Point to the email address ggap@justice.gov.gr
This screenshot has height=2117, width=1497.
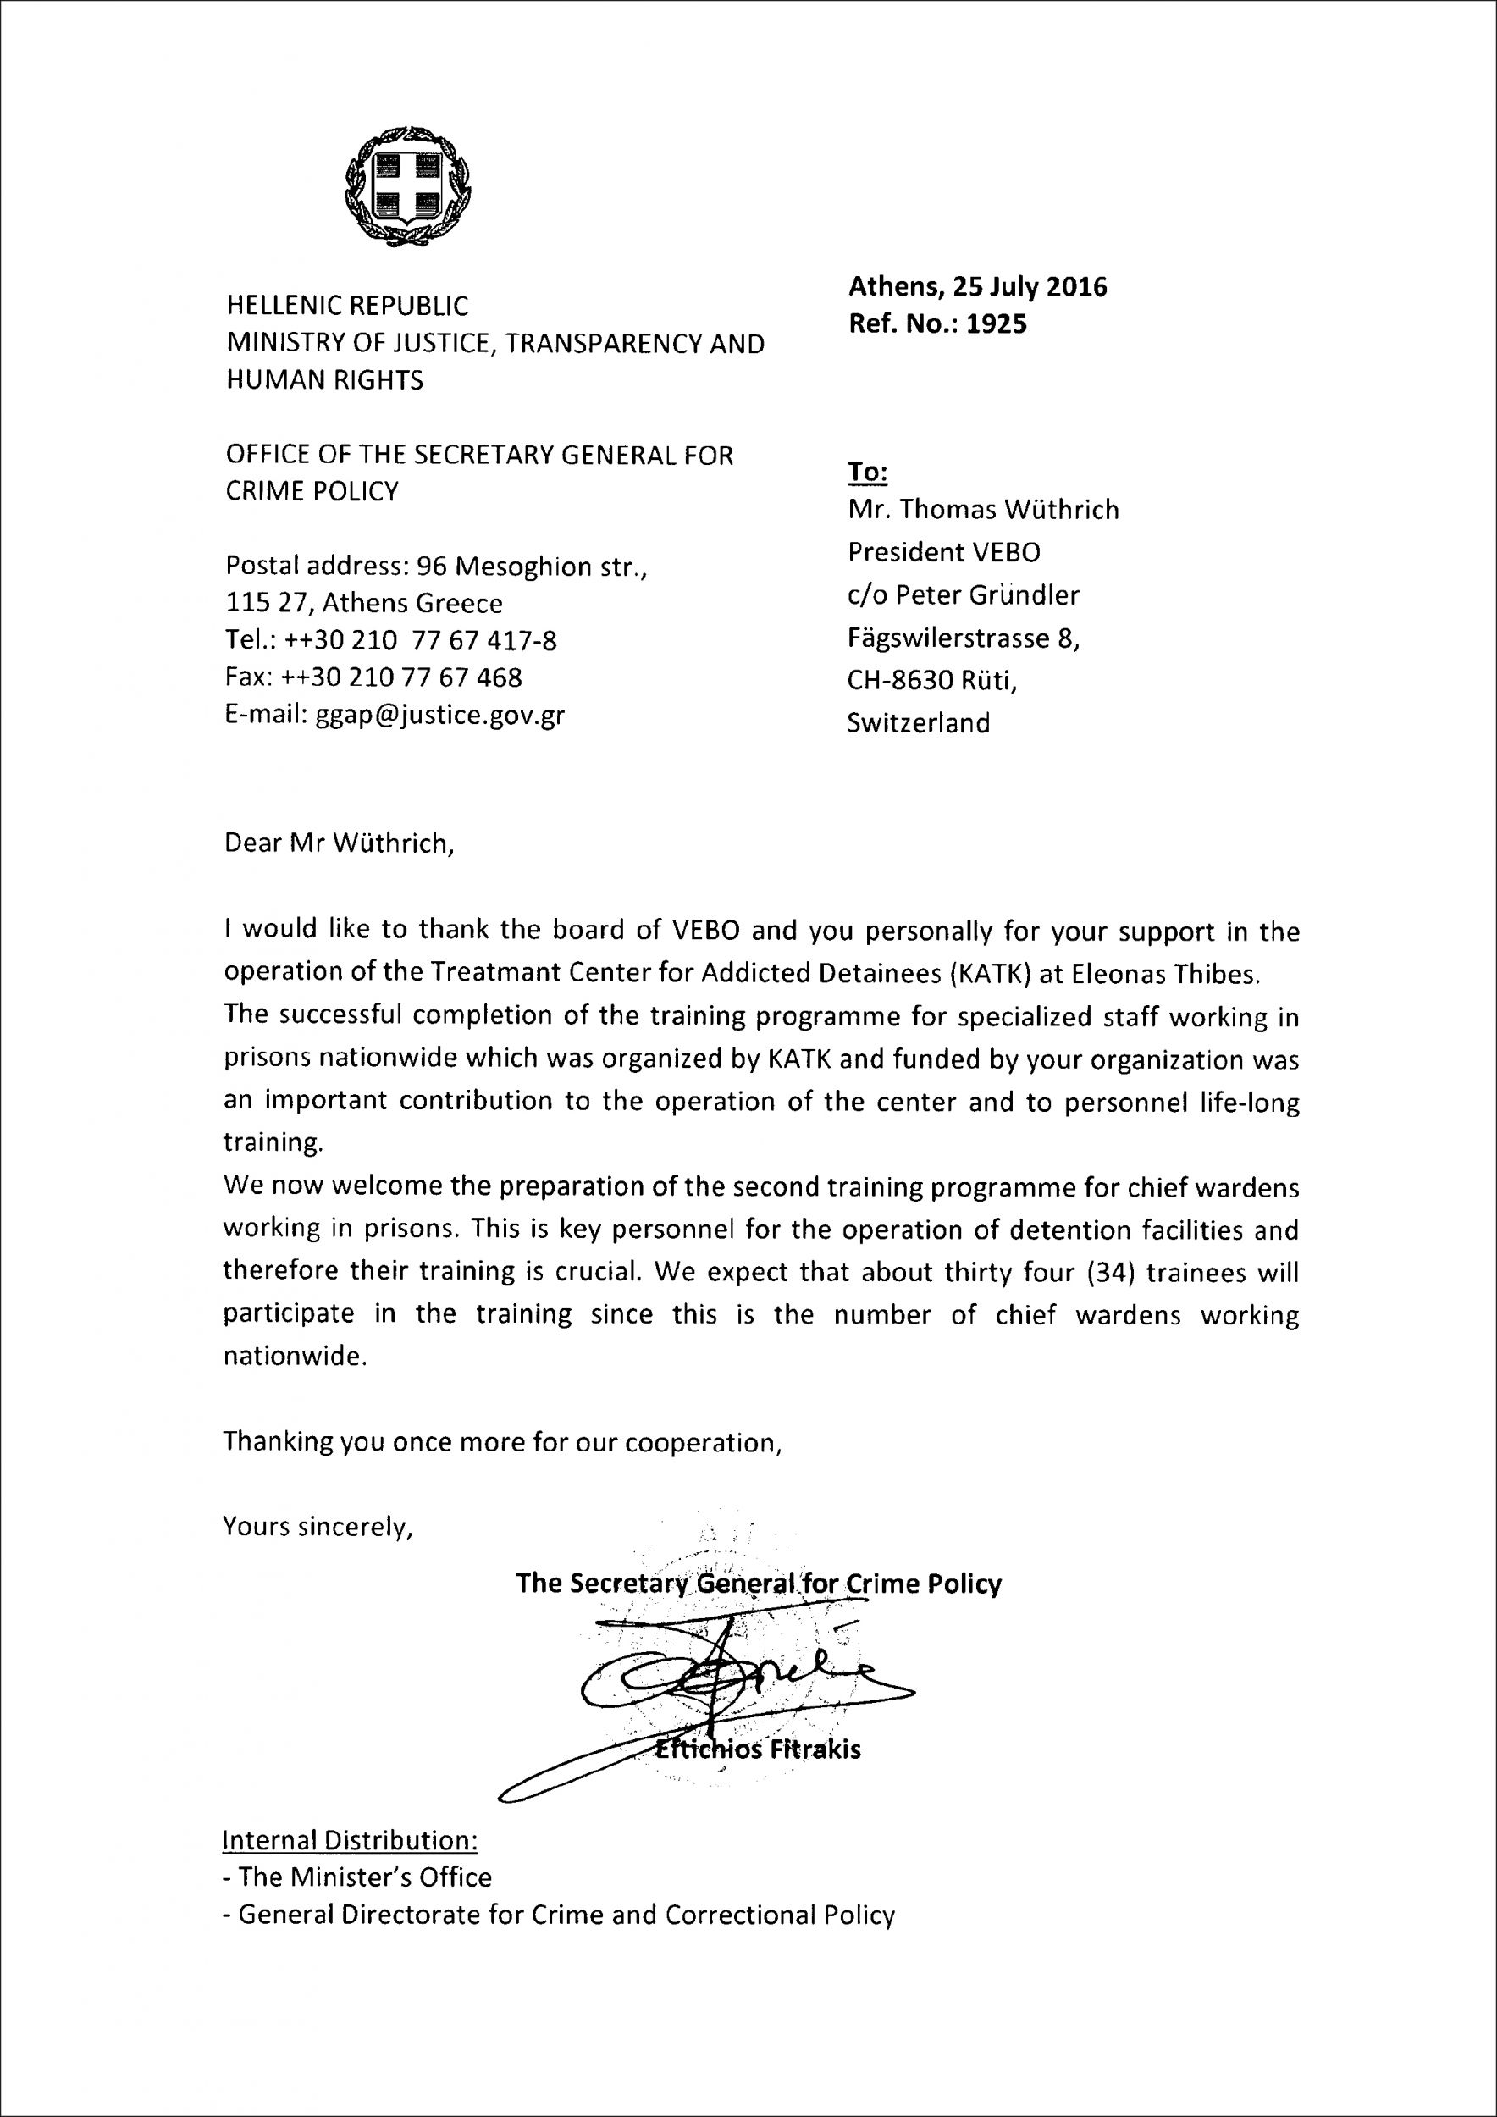click(x=440, y=716)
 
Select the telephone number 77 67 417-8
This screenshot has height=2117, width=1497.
click(x=493, y=640)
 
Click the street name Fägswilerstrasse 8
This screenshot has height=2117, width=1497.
click(x=964, y=638)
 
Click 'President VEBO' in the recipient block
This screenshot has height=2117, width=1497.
click(x=943, y=552)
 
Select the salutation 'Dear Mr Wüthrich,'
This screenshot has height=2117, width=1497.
click(x=340, y=843)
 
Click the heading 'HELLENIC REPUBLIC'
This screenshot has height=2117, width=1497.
click(x=346, y=305)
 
